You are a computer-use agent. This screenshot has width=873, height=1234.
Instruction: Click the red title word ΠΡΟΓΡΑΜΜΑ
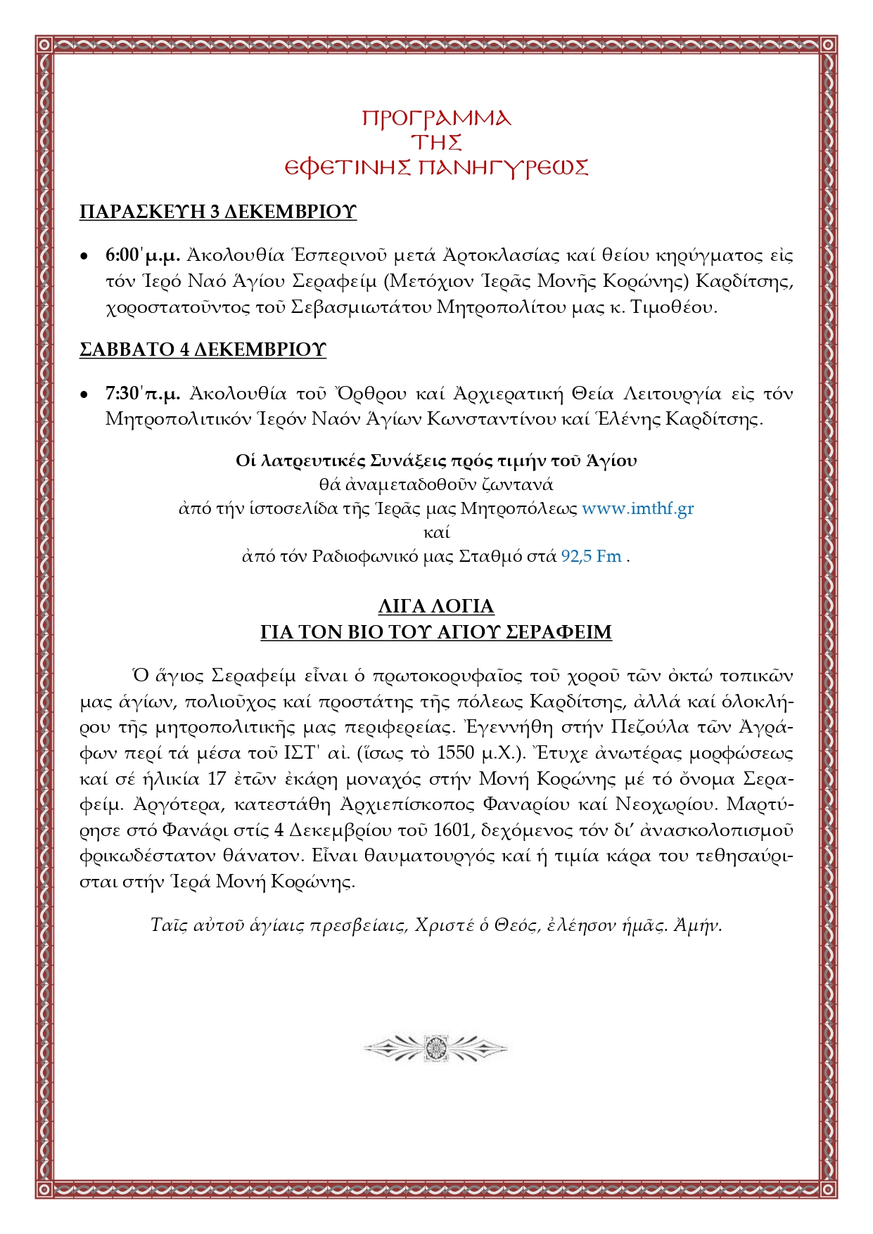(x=436, y=117)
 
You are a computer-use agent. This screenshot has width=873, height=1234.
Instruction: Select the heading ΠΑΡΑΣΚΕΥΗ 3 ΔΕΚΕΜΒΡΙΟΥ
(x=218, y=212)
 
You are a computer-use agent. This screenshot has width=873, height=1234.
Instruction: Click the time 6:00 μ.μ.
(x=143, y=255)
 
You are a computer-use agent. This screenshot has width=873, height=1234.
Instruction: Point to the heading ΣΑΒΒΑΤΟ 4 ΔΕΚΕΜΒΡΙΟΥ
(x=203, y=349)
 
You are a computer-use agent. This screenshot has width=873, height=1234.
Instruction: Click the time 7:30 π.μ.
(x=143, y=393)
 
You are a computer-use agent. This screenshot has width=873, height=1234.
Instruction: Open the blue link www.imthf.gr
(x=637, y=508)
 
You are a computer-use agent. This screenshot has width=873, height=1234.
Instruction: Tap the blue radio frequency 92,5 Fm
(x=591, y=556)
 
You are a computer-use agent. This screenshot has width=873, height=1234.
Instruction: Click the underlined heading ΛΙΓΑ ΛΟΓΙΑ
(x=436, y=606)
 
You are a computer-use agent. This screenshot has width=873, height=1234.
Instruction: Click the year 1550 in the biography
(x=456, y=753)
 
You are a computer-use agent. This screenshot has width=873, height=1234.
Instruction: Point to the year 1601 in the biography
(x=451, y=830)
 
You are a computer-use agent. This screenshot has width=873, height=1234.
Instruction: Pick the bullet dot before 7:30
(x=84, y=394)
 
